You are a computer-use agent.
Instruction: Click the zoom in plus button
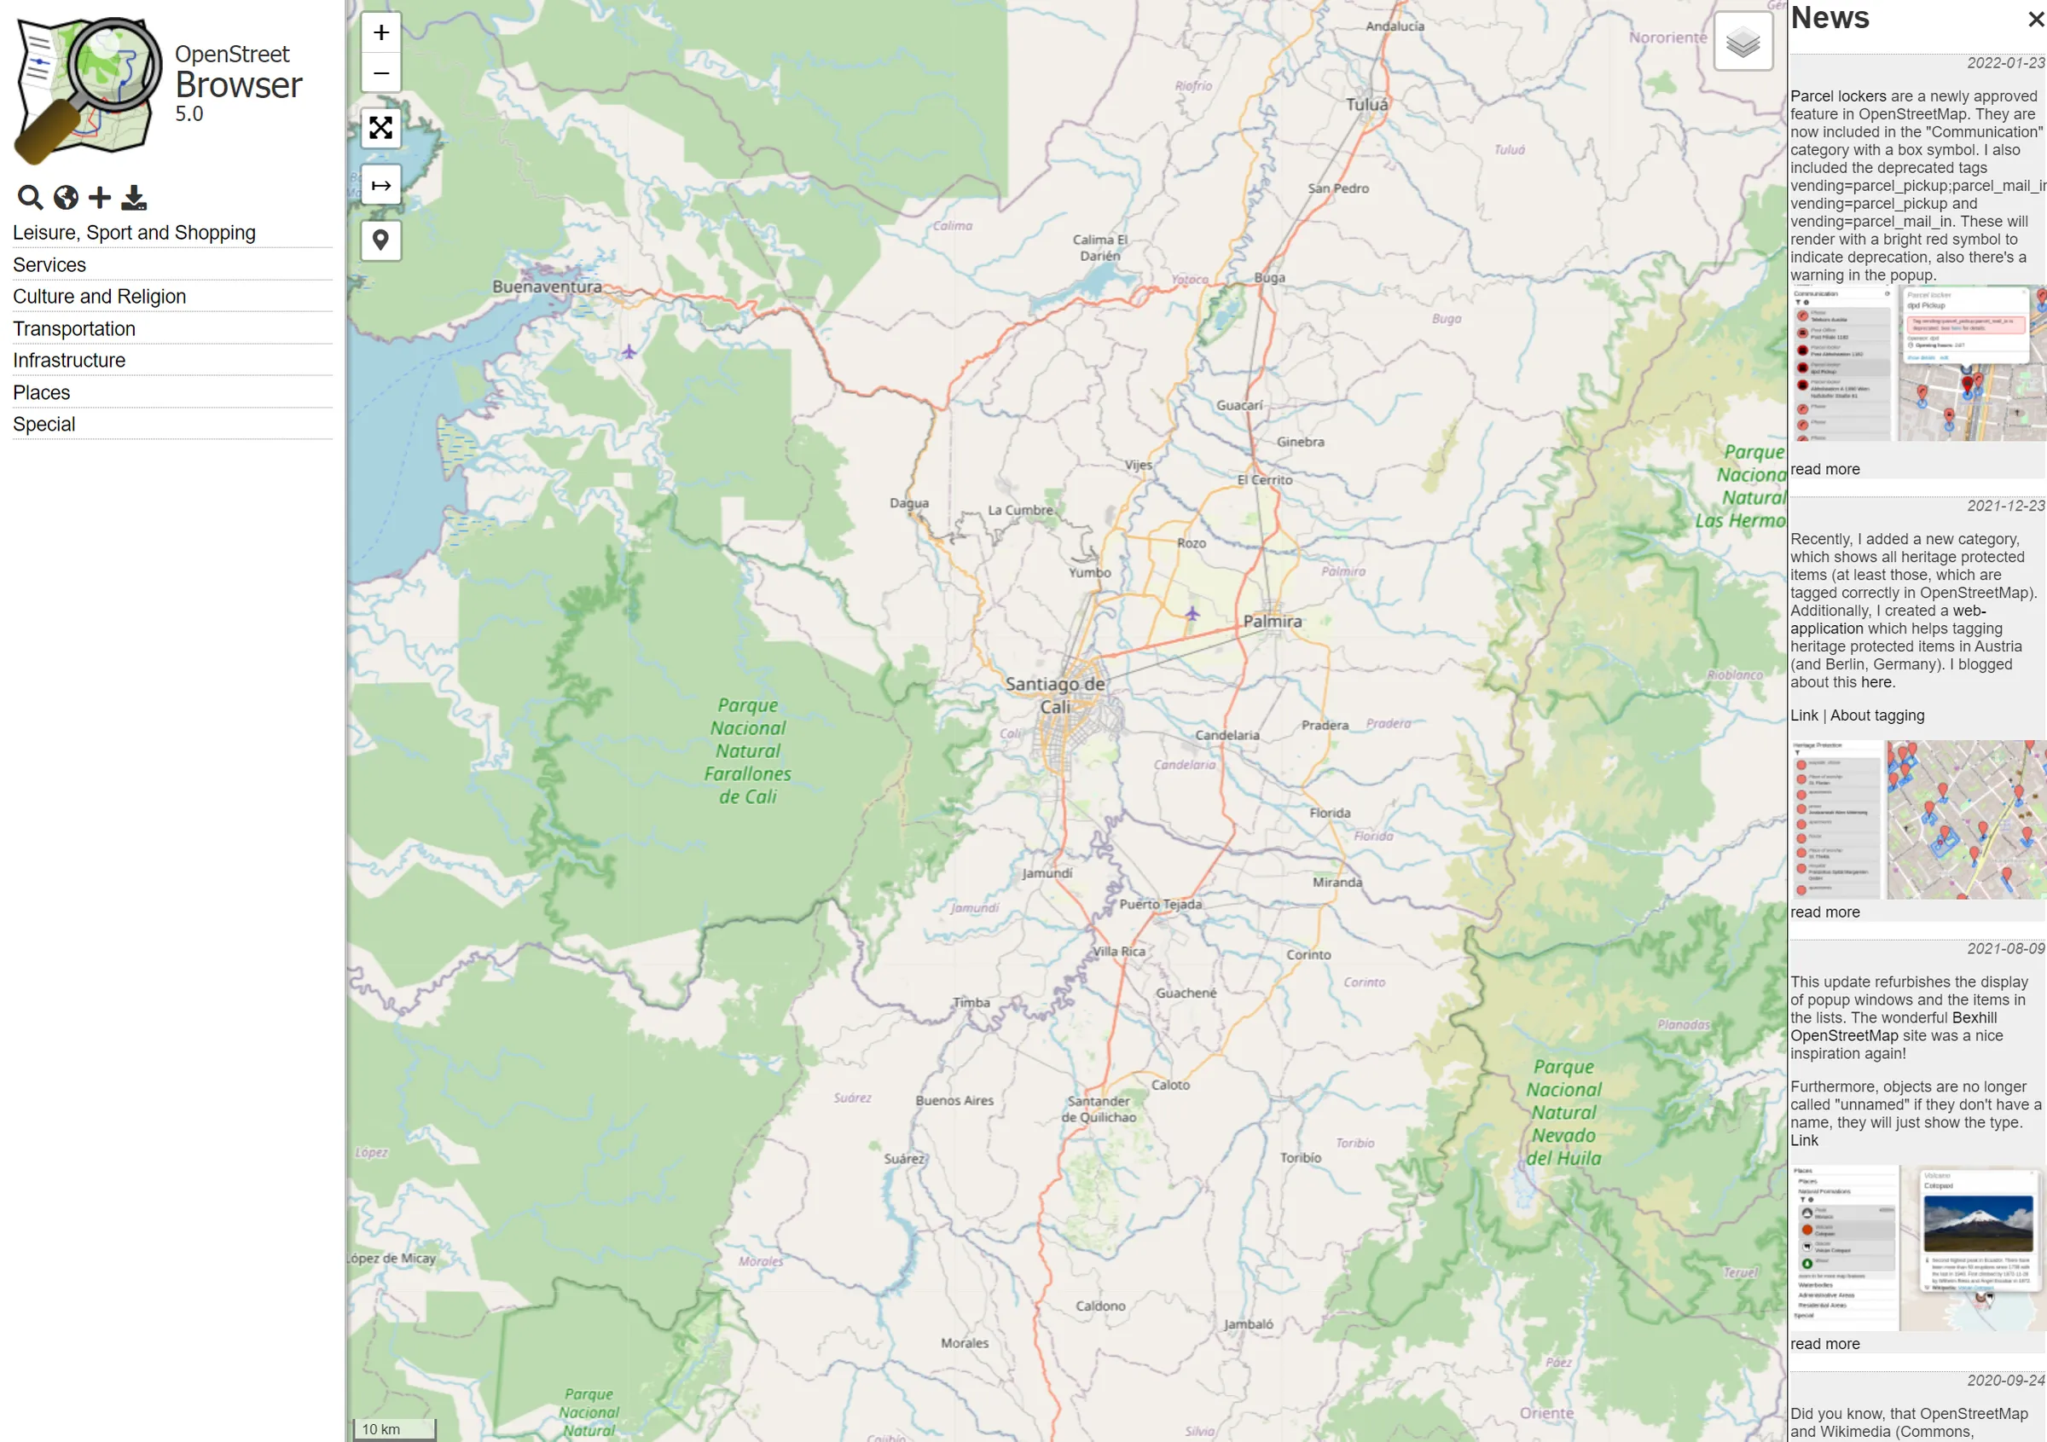pos(380,33)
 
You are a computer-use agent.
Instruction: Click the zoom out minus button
pos(380,73)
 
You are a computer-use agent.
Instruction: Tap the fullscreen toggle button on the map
pos(380,128)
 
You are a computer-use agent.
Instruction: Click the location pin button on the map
pos(380,240)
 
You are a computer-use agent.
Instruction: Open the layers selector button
pos(1743,42)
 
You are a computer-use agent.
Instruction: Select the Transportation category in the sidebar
pos(74,329)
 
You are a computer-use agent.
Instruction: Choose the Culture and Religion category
pos(99,297)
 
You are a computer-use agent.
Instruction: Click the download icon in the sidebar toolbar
pos(134,197)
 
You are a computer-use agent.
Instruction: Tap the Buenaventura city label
pos(547,287)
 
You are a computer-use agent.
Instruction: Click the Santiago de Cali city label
pos(1055,695)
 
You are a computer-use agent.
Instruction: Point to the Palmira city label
pos(1273,621)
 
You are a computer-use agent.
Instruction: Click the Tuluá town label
pos(1366,105)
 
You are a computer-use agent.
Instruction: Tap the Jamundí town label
pos(1047,873)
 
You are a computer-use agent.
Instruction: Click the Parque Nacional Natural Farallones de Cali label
pos(747,750)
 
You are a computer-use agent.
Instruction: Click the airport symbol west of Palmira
pos(1192,613)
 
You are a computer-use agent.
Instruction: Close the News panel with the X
pos(2035,19)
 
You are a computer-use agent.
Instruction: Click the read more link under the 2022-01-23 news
pos(1824,469)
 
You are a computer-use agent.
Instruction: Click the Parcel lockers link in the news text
pos(1837,96)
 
